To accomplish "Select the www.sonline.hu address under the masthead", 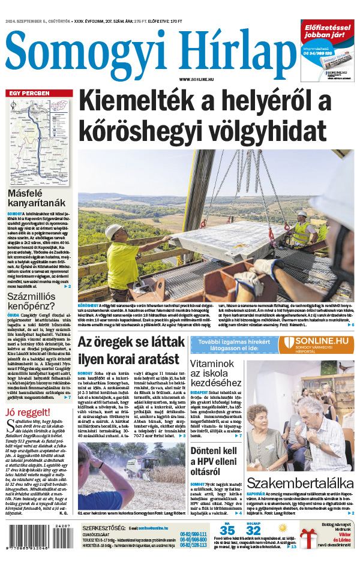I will point(198,79).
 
